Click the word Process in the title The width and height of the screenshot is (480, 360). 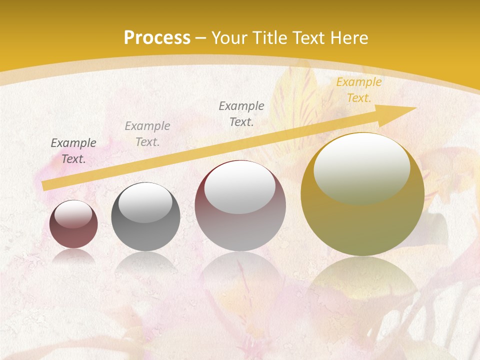pos(157,38)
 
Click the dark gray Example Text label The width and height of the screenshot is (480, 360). pos(73,151)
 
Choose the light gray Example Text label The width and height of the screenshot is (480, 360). pos(147,134)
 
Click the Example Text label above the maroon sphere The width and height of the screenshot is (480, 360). pos(241,113)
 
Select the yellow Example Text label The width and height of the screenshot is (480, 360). pos(358,90)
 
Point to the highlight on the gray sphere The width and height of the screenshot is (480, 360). pos(145,203)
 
